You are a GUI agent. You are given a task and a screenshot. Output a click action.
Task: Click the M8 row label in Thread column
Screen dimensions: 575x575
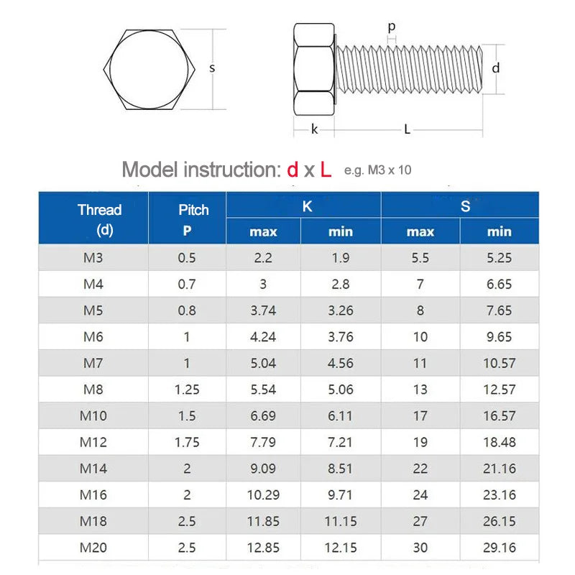coord(93,390)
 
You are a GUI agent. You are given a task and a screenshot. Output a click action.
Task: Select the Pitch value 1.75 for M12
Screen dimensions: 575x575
coord(187,442)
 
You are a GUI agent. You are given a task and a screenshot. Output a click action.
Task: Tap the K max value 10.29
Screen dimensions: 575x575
coord(263,495)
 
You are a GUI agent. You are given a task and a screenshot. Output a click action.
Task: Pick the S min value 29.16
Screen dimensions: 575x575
coord(499,548)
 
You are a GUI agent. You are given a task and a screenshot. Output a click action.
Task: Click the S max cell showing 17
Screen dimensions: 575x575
coord(420,415)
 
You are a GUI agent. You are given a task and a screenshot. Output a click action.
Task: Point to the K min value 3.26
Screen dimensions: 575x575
coord(341,310)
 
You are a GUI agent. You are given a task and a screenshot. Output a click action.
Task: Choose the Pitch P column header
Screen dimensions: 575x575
coord(193,219)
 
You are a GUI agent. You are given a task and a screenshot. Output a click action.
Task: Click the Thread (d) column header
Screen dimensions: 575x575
coord(99,219)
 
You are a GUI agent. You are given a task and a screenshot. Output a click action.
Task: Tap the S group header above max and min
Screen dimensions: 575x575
coord(465,206)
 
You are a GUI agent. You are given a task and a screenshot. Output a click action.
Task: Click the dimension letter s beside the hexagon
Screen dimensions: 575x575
coord(212,68)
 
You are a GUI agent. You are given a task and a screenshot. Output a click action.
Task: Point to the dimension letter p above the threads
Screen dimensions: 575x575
coord(392,27)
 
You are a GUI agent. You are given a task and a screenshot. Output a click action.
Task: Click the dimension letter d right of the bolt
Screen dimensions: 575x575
coord(495,68)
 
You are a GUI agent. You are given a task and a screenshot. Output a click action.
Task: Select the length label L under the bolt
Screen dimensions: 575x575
coord(408,129)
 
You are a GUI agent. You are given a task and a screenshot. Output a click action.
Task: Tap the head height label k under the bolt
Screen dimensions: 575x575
coord(314,129)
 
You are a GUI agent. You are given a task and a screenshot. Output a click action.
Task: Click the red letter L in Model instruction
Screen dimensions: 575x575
coord(326,170)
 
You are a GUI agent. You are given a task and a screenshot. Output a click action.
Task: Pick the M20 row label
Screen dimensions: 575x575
coord(93,548)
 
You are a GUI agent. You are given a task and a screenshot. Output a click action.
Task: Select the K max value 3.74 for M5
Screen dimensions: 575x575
coord(263,310)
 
